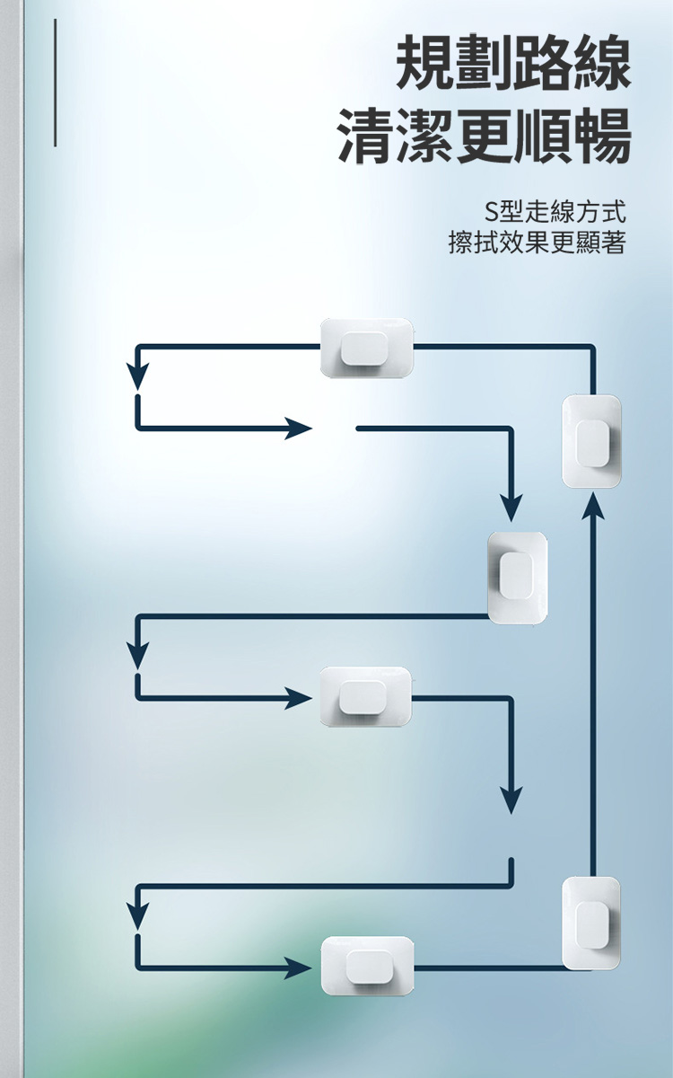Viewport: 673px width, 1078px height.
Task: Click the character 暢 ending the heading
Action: click(601, 137)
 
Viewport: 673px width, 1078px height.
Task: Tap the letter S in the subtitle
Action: click(491, 213)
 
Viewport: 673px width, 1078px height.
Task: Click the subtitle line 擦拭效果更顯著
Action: click(537, 243)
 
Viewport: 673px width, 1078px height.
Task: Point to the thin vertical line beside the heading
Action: click(55, 83)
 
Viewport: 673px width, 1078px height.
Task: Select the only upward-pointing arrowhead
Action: click(592, 505)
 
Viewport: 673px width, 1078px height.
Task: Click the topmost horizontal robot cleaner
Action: click(367, 348)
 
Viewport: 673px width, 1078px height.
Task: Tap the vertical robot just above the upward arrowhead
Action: click(591, 441)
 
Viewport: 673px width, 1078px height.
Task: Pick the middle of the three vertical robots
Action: click(517, 578)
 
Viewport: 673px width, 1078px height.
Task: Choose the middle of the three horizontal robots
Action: click(365, 696)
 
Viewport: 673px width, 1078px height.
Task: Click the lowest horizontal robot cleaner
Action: click(368, 966)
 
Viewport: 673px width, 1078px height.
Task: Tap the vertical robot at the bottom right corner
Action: click(591, 923)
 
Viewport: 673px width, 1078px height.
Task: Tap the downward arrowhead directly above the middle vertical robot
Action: click(511, 508)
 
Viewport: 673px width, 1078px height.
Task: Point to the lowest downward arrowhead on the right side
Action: click(511, 800)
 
